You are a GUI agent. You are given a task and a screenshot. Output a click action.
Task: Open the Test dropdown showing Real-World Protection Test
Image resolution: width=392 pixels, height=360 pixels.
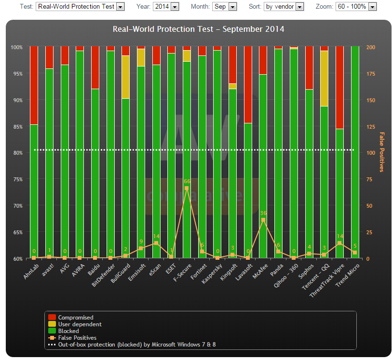(80, 7)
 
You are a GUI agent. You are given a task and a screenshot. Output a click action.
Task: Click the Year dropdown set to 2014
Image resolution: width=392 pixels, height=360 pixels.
(166, 7)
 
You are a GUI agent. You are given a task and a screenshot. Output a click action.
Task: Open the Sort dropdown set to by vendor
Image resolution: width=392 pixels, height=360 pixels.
(284, 7)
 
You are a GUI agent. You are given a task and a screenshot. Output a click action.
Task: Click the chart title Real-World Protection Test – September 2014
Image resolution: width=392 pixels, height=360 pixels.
(198, 29)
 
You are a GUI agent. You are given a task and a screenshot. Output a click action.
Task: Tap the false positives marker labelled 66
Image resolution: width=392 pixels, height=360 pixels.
(187, 188)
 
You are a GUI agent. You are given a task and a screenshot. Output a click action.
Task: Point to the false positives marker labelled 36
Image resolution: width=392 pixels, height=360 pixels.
(263, 220)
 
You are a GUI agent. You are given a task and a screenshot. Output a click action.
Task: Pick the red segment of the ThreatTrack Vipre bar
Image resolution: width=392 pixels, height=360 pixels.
(339, 87)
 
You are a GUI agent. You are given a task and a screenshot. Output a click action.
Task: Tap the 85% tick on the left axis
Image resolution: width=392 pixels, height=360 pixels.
(17, 127)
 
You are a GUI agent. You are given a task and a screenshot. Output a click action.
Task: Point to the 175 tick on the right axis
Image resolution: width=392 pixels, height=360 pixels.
(371, 74)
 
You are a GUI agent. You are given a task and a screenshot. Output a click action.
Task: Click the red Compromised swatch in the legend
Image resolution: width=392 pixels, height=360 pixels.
(52, 318)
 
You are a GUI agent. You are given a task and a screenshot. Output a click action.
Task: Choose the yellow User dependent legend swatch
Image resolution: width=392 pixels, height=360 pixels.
(52, 324)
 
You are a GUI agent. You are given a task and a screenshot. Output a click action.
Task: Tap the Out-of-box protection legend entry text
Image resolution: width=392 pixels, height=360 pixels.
(137, 345)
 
